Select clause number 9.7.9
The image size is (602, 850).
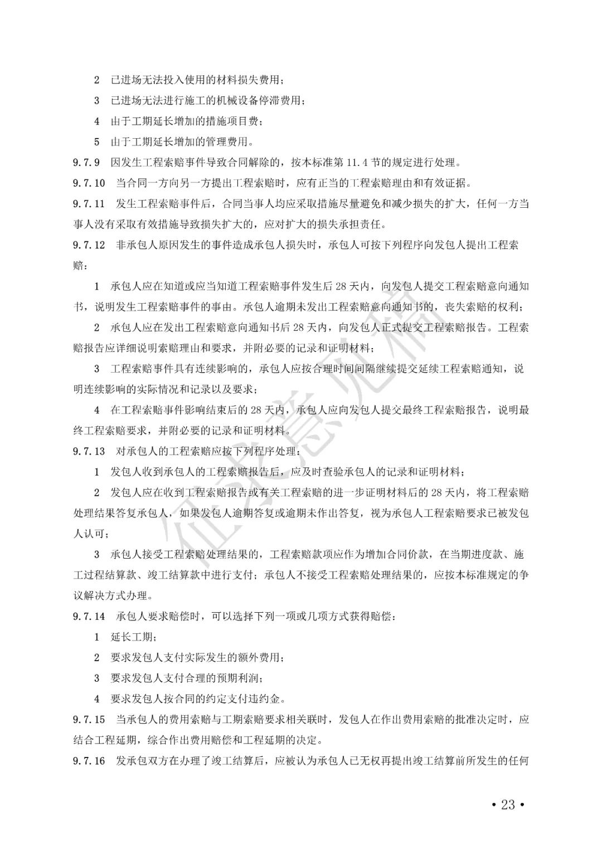click(86, 163)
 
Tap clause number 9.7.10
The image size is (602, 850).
click(89, 183)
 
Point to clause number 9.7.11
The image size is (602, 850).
click(89, 204)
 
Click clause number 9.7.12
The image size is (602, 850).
click(89, 245)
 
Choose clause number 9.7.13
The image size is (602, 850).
click(89, 451)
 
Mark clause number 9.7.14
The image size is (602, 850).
click(89, 617)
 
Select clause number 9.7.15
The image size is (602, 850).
click(89, 720)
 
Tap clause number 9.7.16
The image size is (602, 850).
click(89, 761)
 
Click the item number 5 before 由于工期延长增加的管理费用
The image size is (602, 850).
click(96, 142)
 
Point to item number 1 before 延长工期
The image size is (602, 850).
click(96, 637)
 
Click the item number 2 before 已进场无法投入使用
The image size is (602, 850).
click(96, 80)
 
